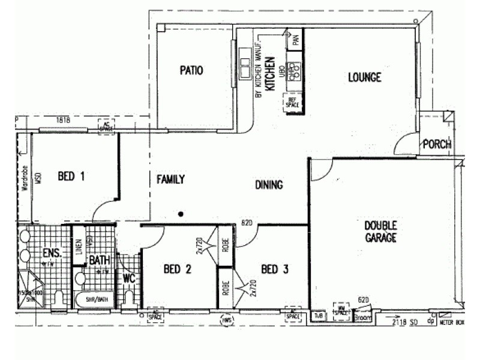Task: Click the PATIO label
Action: point(191,71)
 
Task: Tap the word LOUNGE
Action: point(364,77)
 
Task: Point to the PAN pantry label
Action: point(295,41)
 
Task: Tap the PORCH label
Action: point(437,144)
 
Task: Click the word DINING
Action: point(268,185)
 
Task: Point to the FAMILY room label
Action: point(170,179)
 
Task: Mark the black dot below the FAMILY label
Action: point(180,214)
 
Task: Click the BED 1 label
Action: point(71,176)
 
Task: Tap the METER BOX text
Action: point(452,322)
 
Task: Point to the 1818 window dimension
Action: point(63,120)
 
